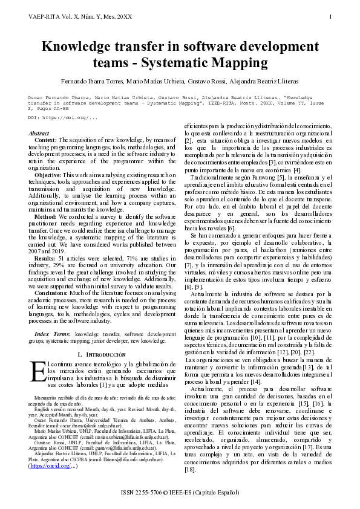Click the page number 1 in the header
[x=331, y=16]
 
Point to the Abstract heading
[x=39, y=133]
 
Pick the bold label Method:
[x=45, y=216]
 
